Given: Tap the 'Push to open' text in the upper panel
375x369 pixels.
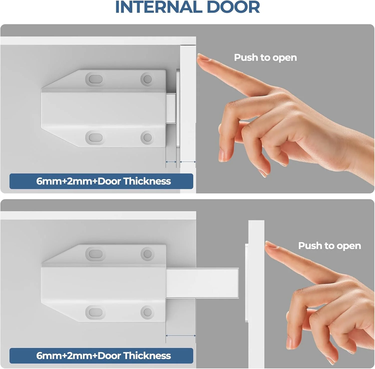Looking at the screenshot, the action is [265, 58].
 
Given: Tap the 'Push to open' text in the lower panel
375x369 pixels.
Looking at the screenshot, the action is [329, 246].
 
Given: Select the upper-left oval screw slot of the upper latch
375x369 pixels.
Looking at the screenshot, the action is [94, 79].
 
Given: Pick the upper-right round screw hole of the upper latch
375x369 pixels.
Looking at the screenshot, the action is [147, 79].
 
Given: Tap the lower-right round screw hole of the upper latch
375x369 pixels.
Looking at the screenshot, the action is [147, 138].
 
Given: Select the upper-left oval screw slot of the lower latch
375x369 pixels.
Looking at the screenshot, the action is [94, 254].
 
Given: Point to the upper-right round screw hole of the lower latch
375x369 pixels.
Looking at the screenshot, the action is [147, 254].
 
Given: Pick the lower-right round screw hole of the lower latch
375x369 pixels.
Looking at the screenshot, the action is [147, 312].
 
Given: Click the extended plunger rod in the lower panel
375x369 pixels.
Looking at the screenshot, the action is [202, 283].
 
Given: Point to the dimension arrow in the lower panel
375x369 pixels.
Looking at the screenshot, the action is [181, 336].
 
